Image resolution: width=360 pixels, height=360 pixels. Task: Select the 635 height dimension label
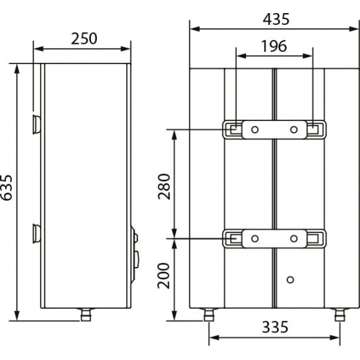(8, 191)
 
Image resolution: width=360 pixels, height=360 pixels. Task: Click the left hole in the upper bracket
(255, 128)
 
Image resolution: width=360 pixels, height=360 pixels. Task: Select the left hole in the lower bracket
(255, 238)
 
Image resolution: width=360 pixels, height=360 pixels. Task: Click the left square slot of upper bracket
(233, 128)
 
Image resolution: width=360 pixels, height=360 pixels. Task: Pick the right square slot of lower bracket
(315, 238)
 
